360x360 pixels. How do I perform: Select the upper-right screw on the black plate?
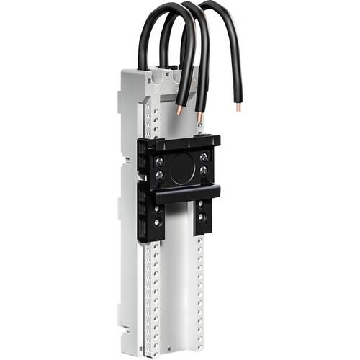[204, 156]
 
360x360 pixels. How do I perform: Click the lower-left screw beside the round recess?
[159, 175]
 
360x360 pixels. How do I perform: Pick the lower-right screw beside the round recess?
[204, 171]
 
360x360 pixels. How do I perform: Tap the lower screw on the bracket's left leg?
[158, 222]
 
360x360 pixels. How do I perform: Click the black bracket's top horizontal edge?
[184, 140]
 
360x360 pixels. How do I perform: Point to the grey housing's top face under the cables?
[155, 73]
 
